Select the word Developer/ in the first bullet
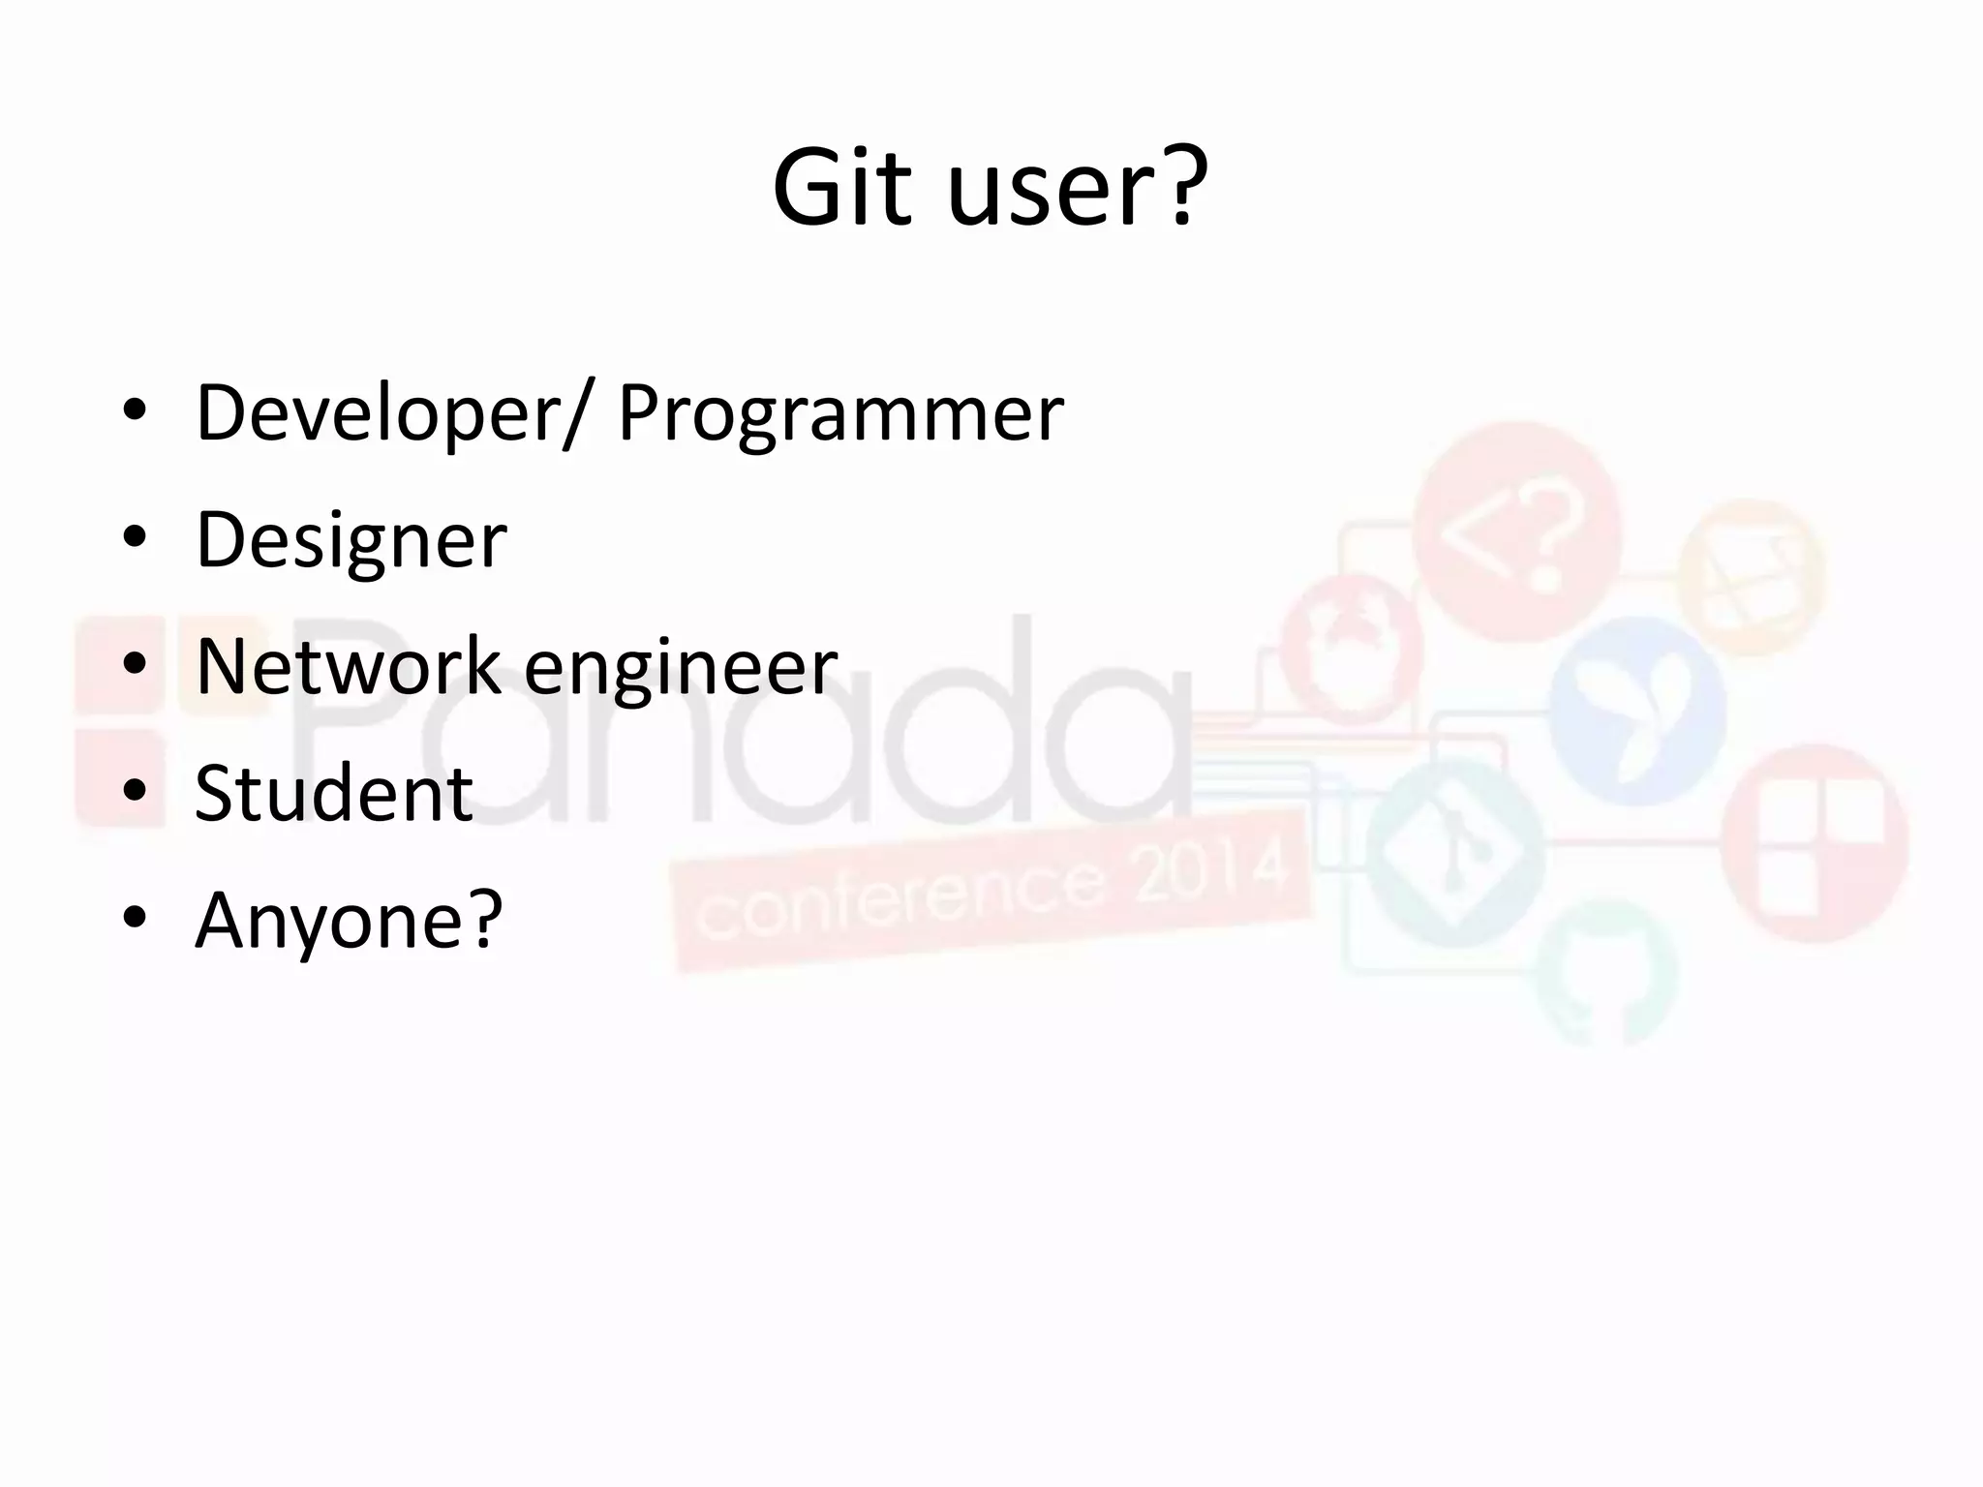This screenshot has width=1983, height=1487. pyautogui.click(x=391, y=413)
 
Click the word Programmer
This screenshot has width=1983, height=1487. pyautogui.click(x=840, y=413)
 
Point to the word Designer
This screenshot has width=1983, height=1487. pyautogui.click(x=351, y=539)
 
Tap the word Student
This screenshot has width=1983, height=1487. pyautogui.click(x=333, y=793)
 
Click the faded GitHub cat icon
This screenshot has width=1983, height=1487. pyautogui.click(x=1606, y=974)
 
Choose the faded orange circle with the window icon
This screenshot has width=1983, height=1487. pyautogui.click(x=1751, y=576)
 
